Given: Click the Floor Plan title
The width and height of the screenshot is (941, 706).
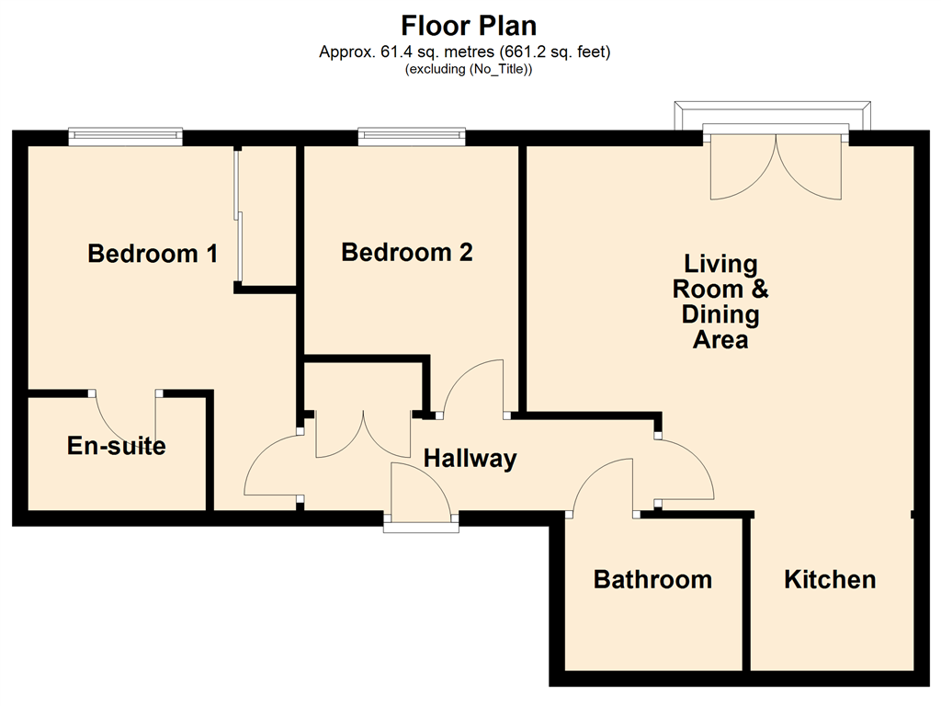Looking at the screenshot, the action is coord(469,26).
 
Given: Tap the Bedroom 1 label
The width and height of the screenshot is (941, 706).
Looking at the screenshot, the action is coord(153,254).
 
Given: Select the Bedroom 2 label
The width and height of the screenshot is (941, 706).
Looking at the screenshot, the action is coord(407,252).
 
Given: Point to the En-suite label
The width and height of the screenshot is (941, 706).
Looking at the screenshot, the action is coord(117,446).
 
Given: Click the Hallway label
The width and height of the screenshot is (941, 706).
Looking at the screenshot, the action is coord(470,459).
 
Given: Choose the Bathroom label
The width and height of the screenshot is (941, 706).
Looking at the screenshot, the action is coord(653,579).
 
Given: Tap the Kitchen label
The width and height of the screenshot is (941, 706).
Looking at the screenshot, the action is coord(830,579).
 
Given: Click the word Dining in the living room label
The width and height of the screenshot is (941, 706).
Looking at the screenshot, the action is coord(720,314).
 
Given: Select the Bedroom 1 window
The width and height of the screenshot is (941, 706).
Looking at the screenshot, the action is coord(125,137).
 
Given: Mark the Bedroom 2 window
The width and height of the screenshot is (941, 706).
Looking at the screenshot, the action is coord(412,137).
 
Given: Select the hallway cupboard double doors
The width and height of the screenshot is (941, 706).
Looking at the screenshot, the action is coord(363,434).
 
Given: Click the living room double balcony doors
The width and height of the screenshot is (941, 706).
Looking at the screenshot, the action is coord(776,167).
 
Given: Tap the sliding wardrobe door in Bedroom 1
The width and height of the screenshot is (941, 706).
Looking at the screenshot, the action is coord(239,215).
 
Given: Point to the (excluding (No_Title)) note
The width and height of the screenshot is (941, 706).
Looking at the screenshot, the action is coord(469,69).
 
